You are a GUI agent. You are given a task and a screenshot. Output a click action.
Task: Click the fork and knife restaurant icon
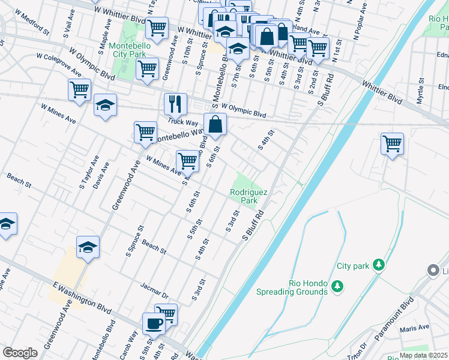[x=175, y=104]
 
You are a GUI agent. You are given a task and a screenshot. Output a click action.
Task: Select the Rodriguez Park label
[x=249, y=196]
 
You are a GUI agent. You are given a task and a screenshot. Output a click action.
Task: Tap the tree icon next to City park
[x=378, y=265]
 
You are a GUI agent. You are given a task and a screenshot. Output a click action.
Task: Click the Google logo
[x=20, y=353]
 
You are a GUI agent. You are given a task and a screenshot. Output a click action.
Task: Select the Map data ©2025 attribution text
[x=424, y=355]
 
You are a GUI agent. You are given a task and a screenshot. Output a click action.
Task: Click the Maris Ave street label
[x=417, y=328]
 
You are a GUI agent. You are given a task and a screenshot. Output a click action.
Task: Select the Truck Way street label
[x=183, y=121]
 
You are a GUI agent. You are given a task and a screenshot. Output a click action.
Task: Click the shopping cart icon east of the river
[x=391, y=144]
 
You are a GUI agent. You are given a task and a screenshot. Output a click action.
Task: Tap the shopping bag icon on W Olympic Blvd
[x=214, y=125]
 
